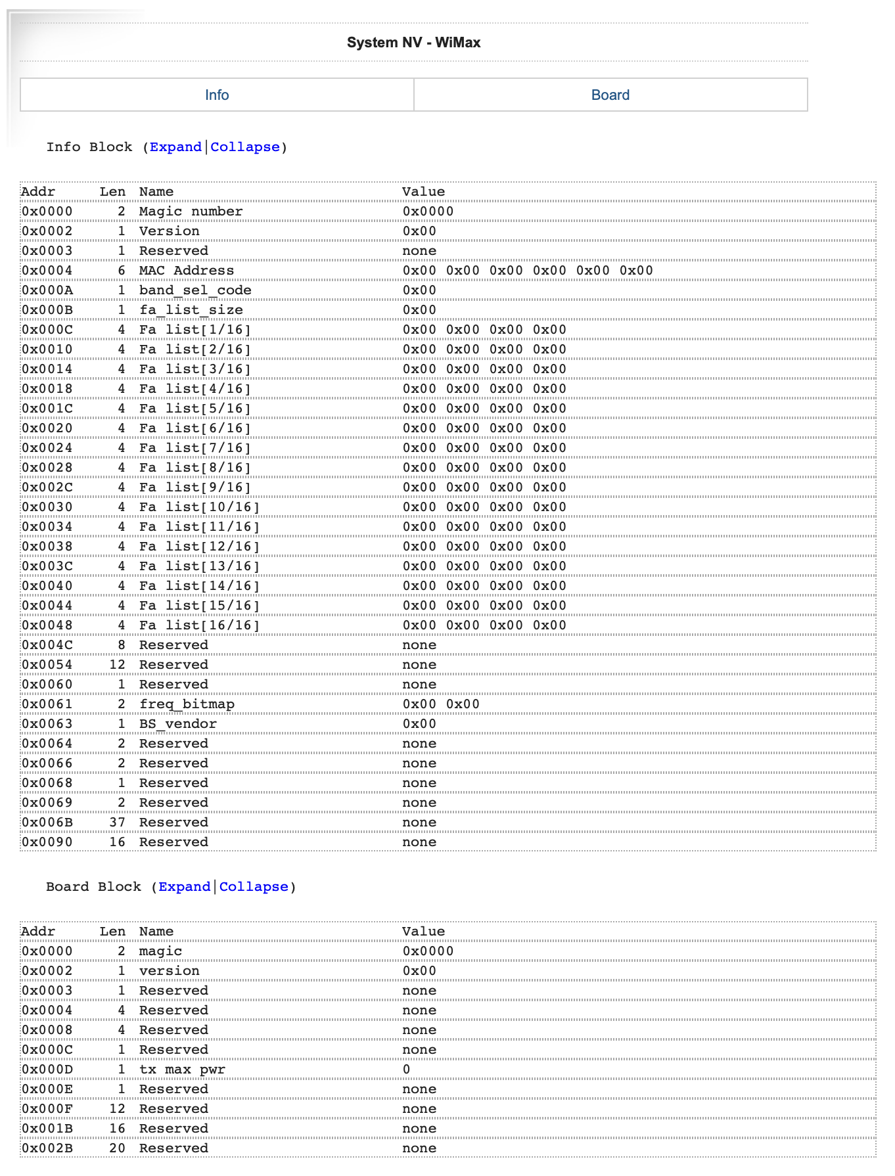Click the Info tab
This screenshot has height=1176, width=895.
pos(217,95)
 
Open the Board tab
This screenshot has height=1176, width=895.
pos(610,95)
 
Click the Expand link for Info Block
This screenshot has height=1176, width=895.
pos(175,147)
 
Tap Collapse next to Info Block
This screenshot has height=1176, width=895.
pos(244,147)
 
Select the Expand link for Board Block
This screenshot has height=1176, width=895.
pos(184,887)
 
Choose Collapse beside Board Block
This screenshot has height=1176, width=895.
pos(254,887)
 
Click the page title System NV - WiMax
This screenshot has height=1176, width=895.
pos(413,43)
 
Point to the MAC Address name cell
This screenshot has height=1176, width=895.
pos(186,271)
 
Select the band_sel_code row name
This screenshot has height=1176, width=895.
pos(195,290)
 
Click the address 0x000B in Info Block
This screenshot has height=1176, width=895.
pos(47,310)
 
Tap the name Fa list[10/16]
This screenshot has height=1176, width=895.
pos(199,507)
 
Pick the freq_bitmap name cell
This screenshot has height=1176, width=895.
pos(187,704)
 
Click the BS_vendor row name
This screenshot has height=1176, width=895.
pos(177,724)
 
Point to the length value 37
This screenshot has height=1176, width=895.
pos(117,823)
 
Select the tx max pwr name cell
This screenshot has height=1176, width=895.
pos(182,1070)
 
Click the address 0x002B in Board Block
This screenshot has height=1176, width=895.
pos(47,1148)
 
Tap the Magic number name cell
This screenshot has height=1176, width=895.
pos(191,212)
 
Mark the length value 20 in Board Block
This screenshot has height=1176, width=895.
pos(117,1148)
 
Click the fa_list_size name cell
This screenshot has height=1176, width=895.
pos(191,310)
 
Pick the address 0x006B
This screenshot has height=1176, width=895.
pos(47,823)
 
